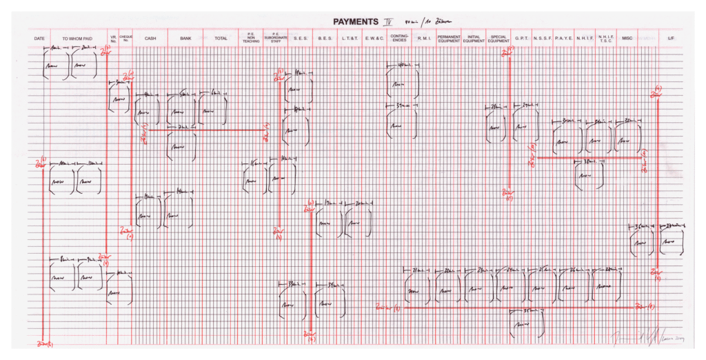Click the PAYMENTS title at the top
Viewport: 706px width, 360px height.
pyautogui.click(x=359, y=22)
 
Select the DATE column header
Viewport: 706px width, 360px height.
pyautogui.click(x=39, y=39)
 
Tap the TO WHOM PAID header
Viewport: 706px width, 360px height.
pyautogui.click(x=77, y=39)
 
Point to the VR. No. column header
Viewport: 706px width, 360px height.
pyautogui.click(x=113, y=39)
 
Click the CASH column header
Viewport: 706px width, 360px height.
pyautogui.click(x=150, y=39)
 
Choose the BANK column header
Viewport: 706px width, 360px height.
pyautogui.click(x=185, y=39)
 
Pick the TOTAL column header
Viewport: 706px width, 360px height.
pyautogui.click(x=221, y=39)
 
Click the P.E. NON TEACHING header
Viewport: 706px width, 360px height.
pyautogui.click(x=251, y=39)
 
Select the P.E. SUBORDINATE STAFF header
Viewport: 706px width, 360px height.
pyautogui.click(x=275, y=39)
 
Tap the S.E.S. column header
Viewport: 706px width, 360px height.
pyautogui.click(x=301, y=39)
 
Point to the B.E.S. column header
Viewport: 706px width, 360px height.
pyautogui.click(x=325, y=39)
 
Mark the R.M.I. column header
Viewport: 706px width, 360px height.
pyautogui.click(x=424, y=39)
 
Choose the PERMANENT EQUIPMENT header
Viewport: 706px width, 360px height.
pyautogui.click(x=449, y=39)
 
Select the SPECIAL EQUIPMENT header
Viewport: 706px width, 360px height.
pyautogui.click(x=498, y=39)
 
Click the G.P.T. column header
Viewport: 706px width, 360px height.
pyautogui.click(x=521, y=39)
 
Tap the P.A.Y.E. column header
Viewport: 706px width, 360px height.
pyautogui.click(x=564, y=39)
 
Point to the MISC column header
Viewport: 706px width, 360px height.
pyautogui.click(x=627, y=39)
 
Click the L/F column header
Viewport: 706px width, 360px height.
pyautogui.click(x=671, y=39)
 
